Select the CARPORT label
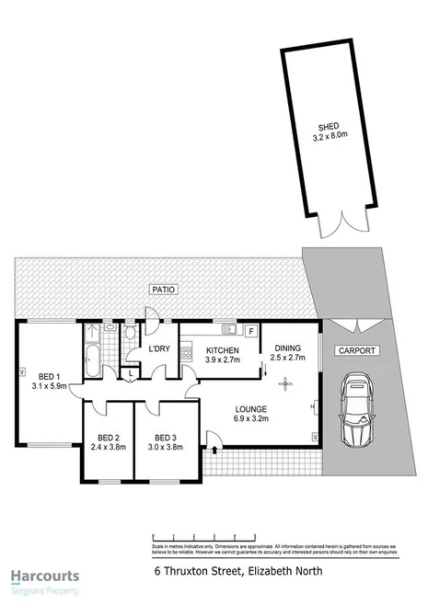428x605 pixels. tap(355, 350)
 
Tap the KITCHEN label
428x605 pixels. tap(223, 350)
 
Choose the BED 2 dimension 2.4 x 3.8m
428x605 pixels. tap(110, 448)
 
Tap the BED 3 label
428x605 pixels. tap(166, 437)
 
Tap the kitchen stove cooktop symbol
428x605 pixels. tap(187, 349)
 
